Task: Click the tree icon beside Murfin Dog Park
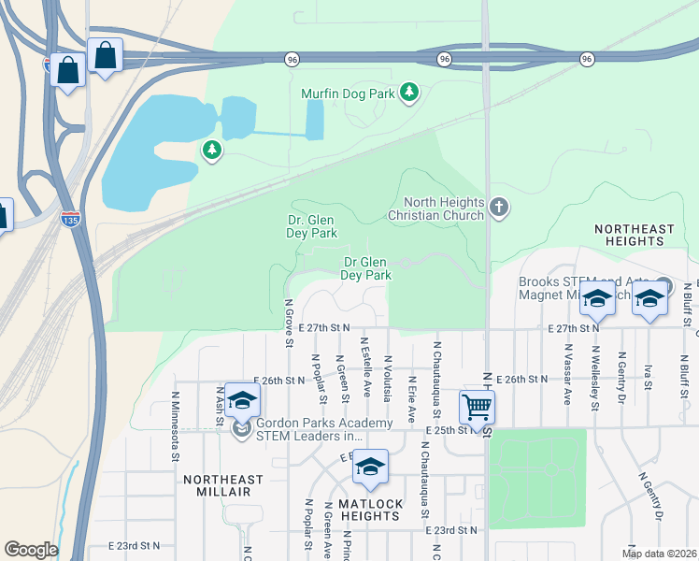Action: tap(408, 92)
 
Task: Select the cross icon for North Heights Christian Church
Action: tap(499, 207)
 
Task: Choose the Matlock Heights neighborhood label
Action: tap(370, 510)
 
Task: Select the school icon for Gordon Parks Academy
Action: tap(241, 400)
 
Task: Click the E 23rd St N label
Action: tap(135, 545)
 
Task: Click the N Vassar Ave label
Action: tap(566, 372)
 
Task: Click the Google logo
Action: tap(31, 550)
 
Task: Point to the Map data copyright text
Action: tap(659, 554)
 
